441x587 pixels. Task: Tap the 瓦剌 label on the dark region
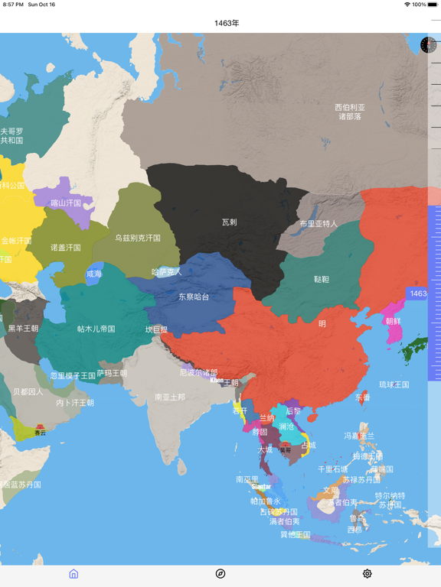click(x=229, y=222)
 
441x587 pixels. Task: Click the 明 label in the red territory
click(x=322, y=323)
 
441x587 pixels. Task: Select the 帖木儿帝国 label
click(x=96, y=329)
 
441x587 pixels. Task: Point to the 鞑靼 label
click(x=322, y=280)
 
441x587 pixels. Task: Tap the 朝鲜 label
click(x=393, y=321)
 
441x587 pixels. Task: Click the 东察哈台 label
click(x=194, y=297)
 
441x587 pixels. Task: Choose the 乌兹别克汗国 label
click(x=138, y=238)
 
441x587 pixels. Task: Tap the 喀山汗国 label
click(x=66, y=203)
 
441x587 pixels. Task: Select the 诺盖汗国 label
click(x=66, y=248)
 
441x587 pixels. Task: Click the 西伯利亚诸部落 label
click(x=350, y=112)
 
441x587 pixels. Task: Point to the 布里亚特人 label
click(x=318, y=224)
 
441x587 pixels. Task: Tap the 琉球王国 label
click(x=394, y=384)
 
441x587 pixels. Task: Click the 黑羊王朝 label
click(x=23, y=329)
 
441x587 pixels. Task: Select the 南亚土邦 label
click(x=169, y=397)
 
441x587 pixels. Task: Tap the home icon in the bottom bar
click(x=73, y=573)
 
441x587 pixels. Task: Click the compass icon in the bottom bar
click(x=220, y=573)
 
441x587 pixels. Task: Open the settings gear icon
click(x=367, y=573)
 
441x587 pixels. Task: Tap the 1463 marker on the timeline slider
click(x=418, y=293)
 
